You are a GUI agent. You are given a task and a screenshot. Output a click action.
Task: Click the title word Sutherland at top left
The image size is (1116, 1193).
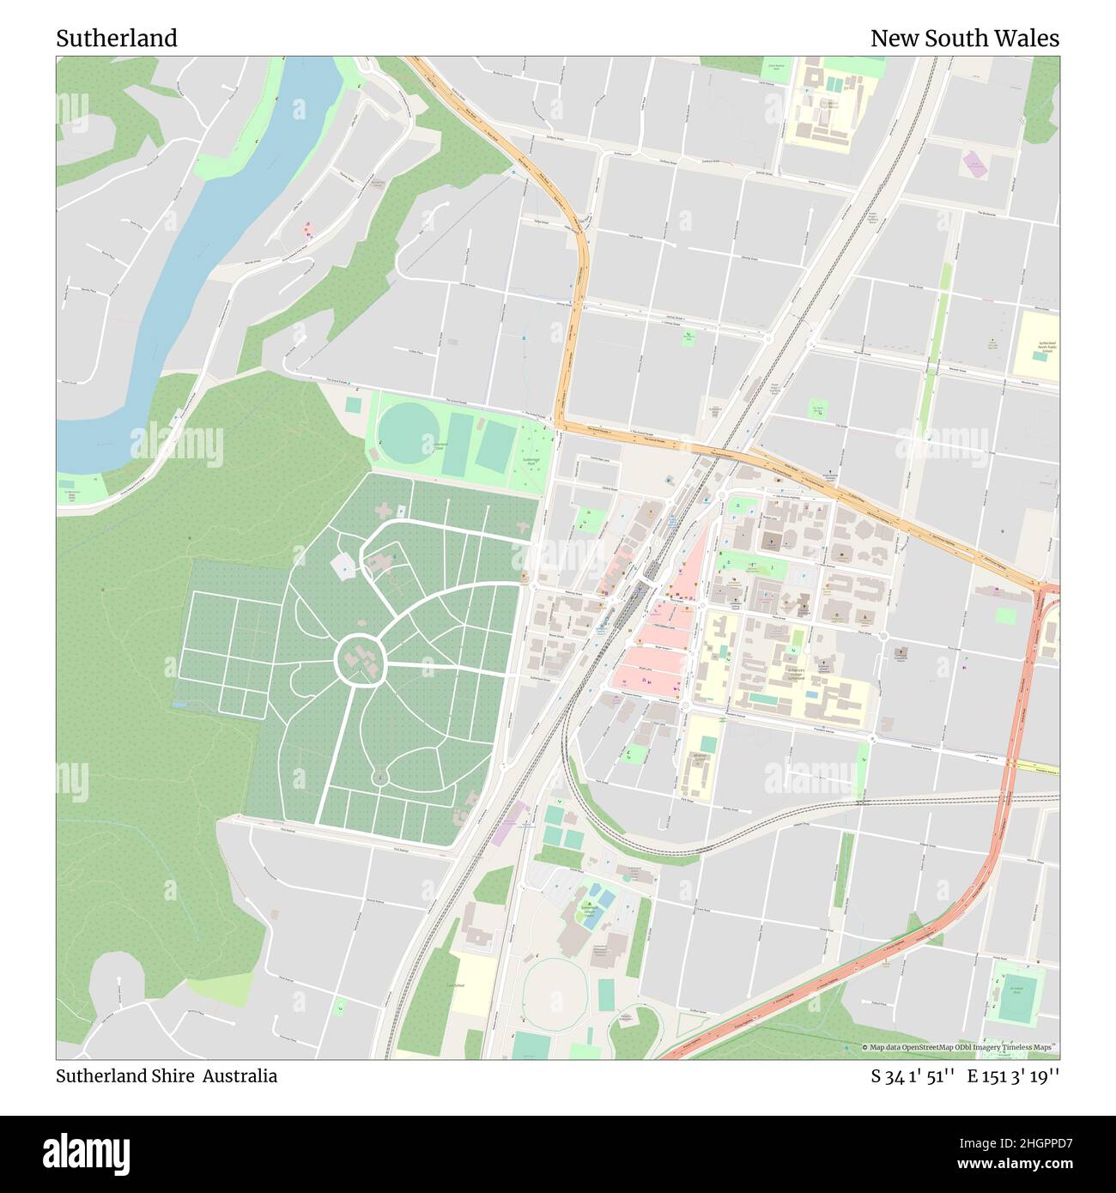click(x=117, y=39)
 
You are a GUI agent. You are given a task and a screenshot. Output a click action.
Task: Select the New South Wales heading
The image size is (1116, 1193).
click(x=964, y=39)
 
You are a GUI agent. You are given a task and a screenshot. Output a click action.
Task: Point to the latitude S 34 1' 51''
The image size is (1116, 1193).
click(x=913, y=1076)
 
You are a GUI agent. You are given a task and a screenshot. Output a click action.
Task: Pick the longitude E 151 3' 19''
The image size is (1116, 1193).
click(x=1013, y=1076)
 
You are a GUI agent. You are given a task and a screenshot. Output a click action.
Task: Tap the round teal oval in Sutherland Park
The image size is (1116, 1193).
click(x=408, y=433)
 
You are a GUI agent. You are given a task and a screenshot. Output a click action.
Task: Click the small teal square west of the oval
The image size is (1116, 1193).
click(x=353, y=403)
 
